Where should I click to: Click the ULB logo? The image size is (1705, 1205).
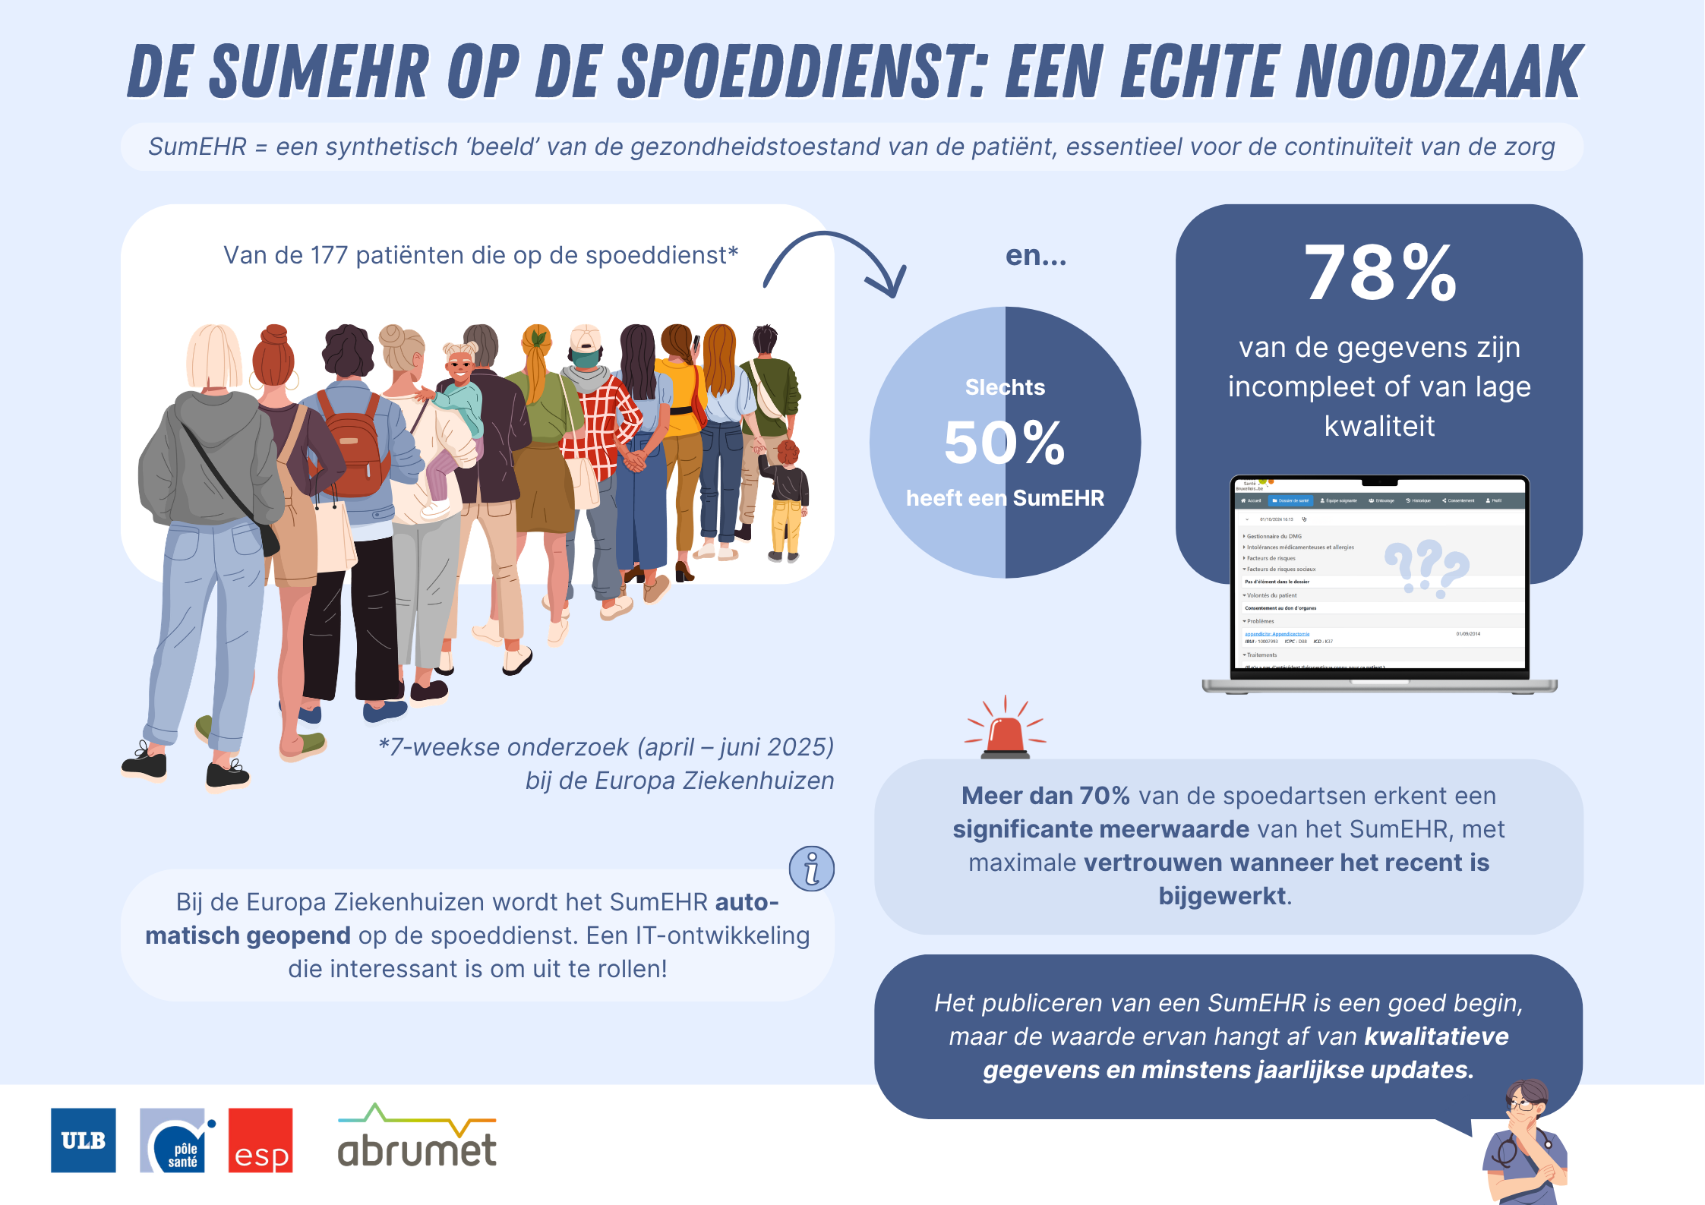(x=83, y=1140)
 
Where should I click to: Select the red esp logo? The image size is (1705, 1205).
(x=260, y=1140)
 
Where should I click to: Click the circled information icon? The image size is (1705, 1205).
(x=811, y=868)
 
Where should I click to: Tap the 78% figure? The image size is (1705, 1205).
(x=1380, y=273)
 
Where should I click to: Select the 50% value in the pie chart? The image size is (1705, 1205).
(x=1004, y=443)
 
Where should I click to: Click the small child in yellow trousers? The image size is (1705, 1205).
(x=787, y=501)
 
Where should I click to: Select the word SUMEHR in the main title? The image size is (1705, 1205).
(x=319, y=73)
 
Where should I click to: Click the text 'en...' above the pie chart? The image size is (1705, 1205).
(x=1036, y=256)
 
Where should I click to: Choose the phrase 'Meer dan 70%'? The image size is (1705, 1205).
(x=1045, y=796)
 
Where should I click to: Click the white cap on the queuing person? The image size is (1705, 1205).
(x=585, y=337)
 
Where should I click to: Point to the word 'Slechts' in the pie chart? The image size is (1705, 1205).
(x=1005, y=387)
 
